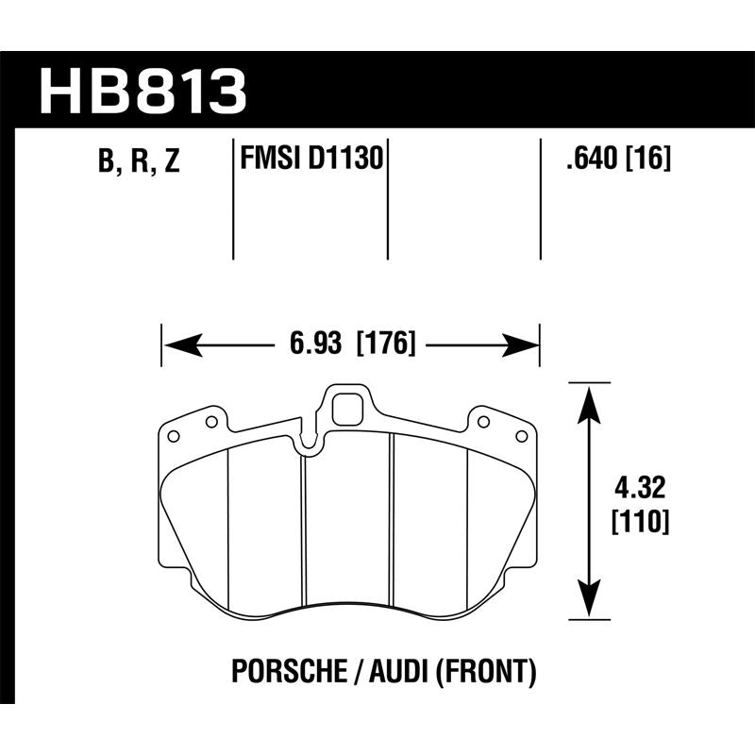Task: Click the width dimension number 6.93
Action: [x=314, y=344]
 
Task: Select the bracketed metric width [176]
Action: [x=386, y=344]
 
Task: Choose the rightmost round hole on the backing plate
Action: [x=522, y=435]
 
